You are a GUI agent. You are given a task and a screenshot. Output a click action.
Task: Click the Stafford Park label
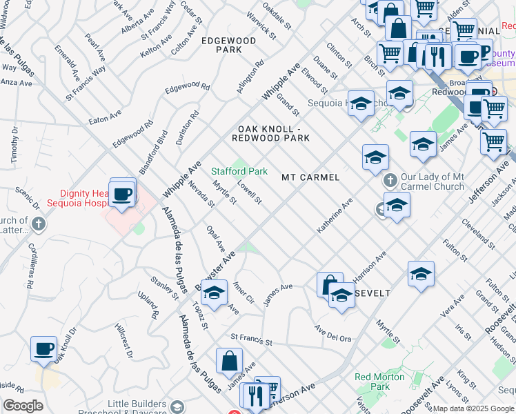[239, 171]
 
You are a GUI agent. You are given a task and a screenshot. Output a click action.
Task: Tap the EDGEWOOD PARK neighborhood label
[228, 46]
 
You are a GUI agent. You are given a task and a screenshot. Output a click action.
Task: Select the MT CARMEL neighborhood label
[310, 177]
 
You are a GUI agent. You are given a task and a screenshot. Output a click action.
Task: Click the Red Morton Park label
[372, 382]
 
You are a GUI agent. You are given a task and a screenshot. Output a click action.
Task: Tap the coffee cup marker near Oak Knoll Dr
[44, 349]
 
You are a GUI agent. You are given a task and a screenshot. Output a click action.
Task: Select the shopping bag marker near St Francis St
[229, 361]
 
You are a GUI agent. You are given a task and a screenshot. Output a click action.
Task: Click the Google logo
[23, 406]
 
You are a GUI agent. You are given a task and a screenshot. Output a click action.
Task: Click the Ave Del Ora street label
[333, 333]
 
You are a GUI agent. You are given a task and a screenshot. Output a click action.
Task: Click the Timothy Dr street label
[14, 146]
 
